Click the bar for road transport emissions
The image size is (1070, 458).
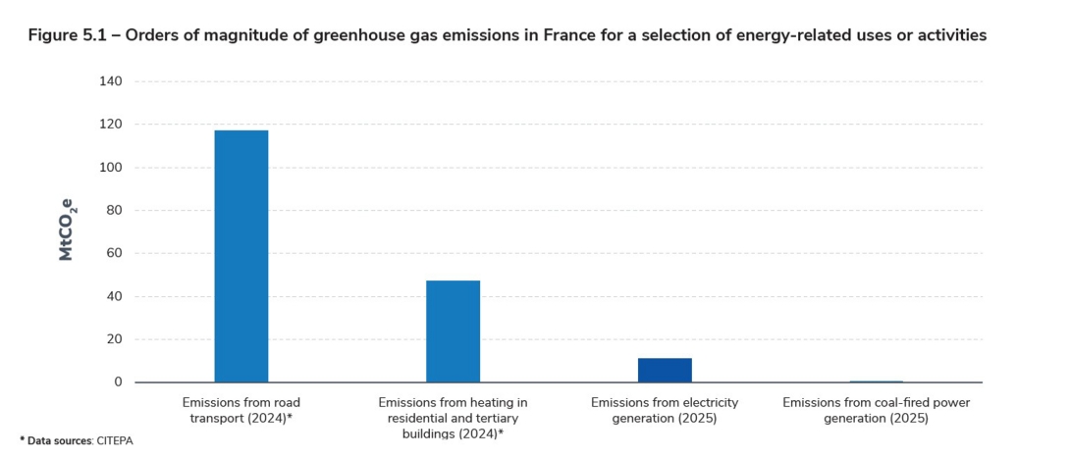tap(241, 256)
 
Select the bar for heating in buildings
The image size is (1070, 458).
tap(453, 331)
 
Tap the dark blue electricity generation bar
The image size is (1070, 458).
tap(665, 370)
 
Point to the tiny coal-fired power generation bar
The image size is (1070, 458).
tap(876, 381)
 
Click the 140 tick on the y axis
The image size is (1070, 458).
tap(111, 81)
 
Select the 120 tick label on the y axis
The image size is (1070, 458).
tap(111, 125)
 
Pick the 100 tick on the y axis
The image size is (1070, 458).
tap(111, 168)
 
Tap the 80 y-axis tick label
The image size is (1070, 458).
tap(114, 210)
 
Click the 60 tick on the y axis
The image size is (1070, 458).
tap(114, 253)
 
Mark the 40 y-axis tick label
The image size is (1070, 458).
tap(114, 296)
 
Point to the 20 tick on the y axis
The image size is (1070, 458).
tap(114, 339)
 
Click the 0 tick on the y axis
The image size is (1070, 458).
tap(118, 382)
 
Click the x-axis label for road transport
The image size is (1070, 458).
tap(241, 410)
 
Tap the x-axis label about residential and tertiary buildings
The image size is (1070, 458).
tap(453, 418)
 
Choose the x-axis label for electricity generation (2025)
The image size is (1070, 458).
tap(665, 410)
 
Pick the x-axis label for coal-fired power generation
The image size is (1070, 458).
tap(876, 410)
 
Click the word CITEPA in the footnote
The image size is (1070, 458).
tap(114, 441)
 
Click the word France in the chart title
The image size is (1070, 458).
tap(513, 35)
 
